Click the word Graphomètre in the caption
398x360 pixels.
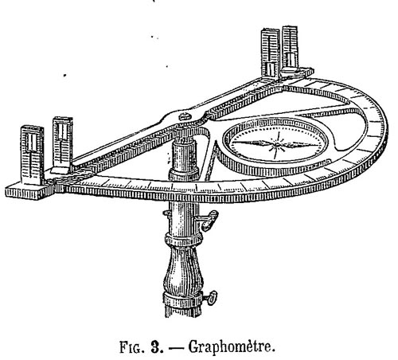click(231, 347)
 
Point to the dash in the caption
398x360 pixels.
click(176, 348)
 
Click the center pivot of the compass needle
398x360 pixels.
click(277, 144)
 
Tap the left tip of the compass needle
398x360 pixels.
click(233, 142)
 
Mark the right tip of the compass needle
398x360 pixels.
click(318, 145)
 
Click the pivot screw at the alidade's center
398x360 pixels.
click(185, 116)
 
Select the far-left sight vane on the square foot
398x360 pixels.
click(32, 155)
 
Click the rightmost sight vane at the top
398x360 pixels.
click(290, 48)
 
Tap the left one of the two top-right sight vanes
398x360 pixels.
click(270, 53)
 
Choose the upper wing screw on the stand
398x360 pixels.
click(209, 220)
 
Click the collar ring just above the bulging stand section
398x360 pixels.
click(184, 239)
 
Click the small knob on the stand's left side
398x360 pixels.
click(166, 213)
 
